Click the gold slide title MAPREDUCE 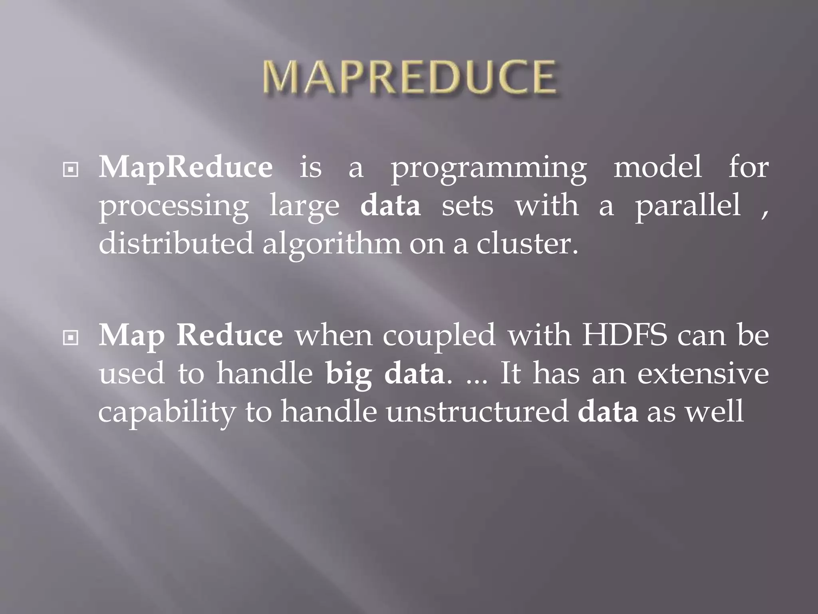[409, 78]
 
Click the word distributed [176, 243]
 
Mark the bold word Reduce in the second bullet [230, 335]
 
